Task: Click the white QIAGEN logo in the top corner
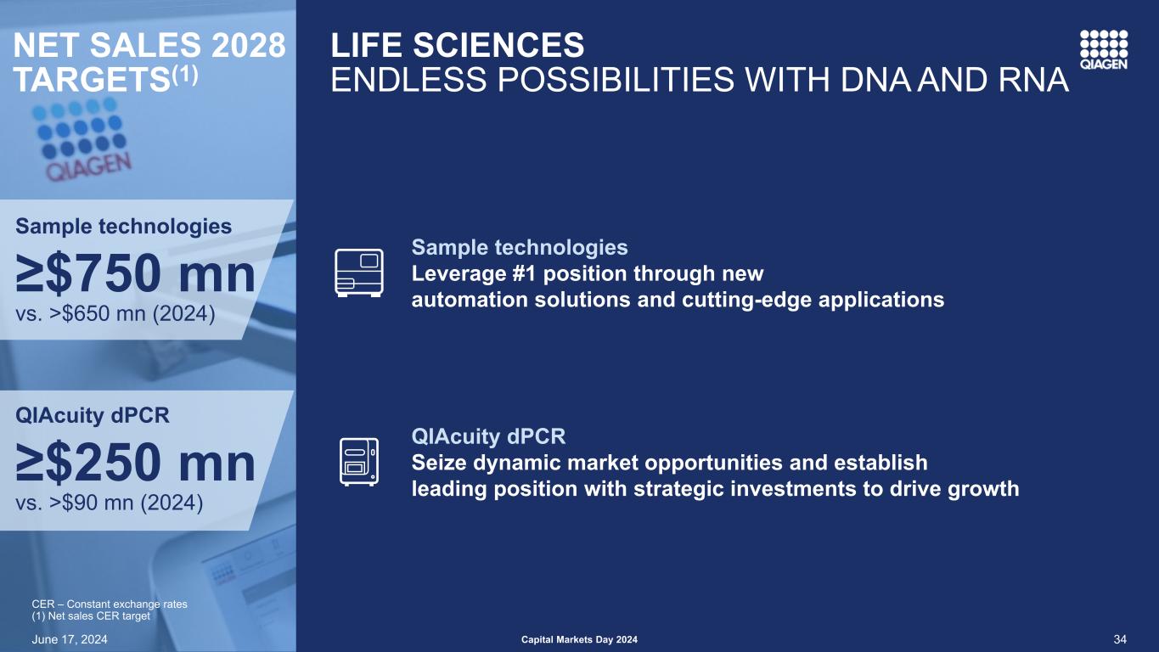pos(1104,50)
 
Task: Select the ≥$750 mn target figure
pos(136,273)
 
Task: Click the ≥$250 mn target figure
pos(136,463)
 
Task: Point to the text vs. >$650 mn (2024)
pos(115,313)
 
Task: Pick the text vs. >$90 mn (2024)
pos(110,503)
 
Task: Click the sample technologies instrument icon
pos(359,273)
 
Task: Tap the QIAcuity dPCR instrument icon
pos(359,462)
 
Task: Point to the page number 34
pos(1120,639)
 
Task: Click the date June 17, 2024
pos(70,639)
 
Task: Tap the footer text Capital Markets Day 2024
pos(579,639)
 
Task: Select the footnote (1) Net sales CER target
pos(91,616)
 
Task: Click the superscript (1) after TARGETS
pos(184,76)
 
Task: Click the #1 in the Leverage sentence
pos(525,273)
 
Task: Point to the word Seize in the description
pos(439,463)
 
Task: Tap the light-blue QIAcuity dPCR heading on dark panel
pos(488,436)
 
